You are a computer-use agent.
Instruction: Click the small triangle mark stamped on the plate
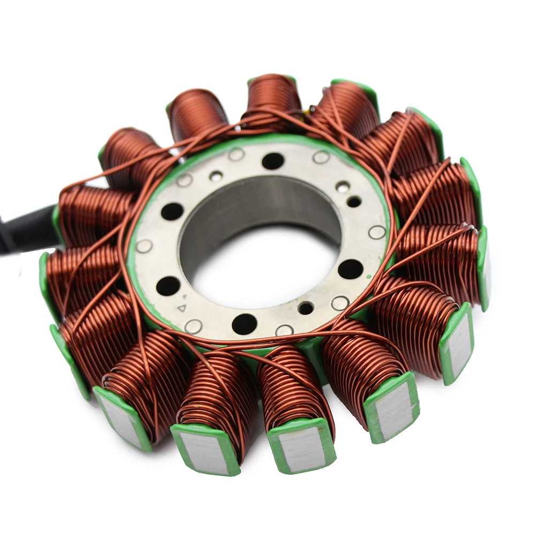(x=182, y=308)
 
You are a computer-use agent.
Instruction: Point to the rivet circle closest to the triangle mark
(x=193, y=325)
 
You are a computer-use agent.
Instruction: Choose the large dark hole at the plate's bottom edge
(x=244, y=323)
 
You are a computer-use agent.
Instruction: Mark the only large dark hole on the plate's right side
(x=351, y=269)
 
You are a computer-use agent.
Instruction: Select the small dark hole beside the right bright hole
(x=354, y=202)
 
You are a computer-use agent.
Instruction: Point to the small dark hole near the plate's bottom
(x=306, y=308)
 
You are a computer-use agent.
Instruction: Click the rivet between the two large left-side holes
(x=144, y=246)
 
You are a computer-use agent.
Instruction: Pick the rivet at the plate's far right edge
(x=377, y=232)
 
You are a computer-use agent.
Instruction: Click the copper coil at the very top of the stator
(x=273, y=96)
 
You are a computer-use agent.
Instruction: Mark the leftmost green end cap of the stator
(x=45, y=279)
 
